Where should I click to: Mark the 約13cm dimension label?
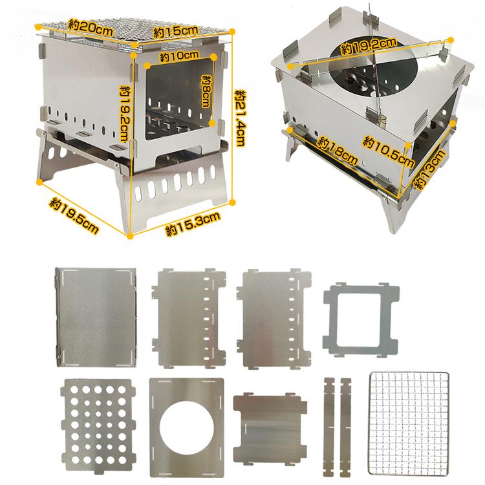click(x=430, y=169)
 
